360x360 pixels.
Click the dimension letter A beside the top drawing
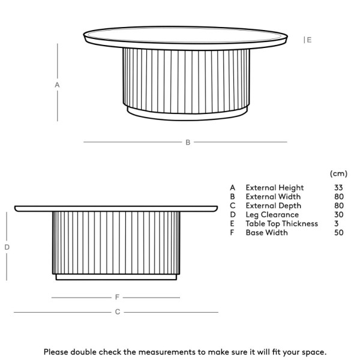click(57, 85)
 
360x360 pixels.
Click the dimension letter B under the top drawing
click(188, 142)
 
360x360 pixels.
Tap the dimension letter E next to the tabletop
click(309, 40)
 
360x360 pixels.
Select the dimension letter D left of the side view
click(7, 247)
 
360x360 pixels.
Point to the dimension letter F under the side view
click(118, 297)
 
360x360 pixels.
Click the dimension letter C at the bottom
click(118, 312)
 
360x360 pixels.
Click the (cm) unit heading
click(338, 173)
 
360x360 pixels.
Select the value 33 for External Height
click(339, 188)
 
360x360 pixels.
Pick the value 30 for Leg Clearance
click(339, 215)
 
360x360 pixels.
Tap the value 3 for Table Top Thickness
click(337, 224)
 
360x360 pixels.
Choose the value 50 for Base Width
click(339, 233)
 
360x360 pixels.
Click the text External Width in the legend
click(273, 197)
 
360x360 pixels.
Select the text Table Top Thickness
click(281, 224)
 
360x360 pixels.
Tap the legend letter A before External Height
click(232, 188)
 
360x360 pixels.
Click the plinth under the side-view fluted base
click(116, 277)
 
